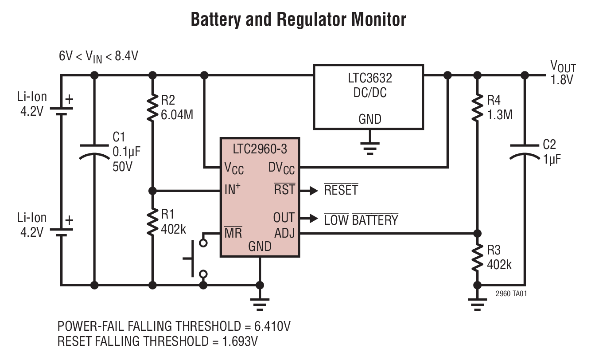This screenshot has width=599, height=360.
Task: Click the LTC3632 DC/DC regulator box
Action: click(x=368, y=97)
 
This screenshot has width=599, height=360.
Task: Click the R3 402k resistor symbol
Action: click(x=477, y=258)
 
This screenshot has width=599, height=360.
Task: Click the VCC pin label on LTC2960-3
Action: click(x=234, y=168)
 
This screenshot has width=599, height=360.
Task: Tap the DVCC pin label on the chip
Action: click(x=282, y=168)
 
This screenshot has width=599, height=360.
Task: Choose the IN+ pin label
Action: click(x=233, y=191)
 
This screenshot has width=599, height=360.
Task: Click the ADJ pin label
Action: click(x=284, y=233)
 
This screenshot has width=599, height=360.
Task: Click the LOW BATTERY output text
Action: click(x=361, y=219)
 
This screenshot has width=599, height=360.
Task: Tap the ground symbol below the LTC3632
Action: click(x=369, y=146)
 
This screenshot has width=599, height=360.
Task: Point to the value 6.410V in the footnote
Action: click(x=272, y=326)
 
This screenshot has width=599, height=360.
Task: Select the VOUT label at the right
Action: click(x=563, y=68)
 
